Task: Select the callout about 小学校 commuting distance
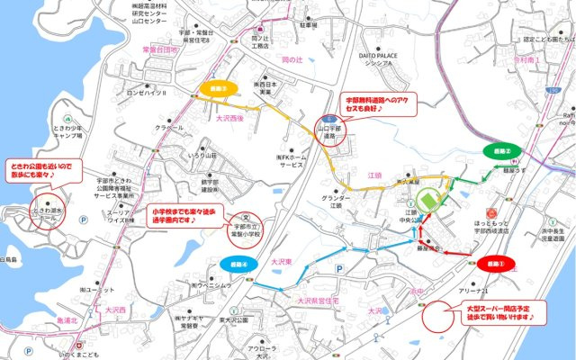[x=184, y=215]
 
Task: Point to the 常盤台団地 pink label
[x=160, y=50]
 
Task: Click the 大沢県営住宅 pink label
[x=309, y=294]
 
